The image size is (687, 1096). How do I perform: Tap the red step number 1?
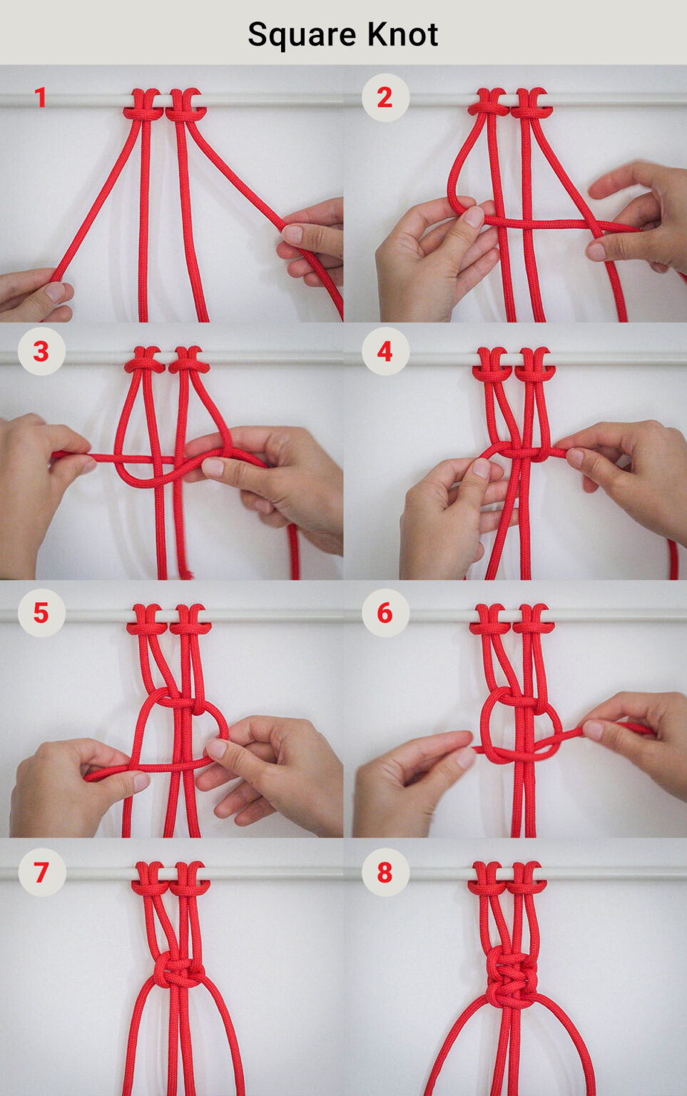[x=41, y=98]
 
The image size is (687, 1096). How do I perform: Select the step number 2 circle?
[x=385, y=98]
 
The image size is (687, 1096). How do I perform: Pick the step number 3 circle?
[x=41, y=351]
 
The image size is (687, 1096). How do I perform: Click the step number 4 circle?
[x=385, y=351]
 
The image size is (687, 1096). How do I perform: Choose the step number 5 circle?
[x=41, y=612]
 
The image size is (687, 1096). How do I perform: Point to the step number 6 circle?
[x=385, y=612]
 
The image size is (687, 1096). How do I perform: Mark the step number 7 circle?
[x=41, y=872]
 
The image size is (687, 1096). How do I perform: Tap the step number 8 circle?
[x=385, y=872]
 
